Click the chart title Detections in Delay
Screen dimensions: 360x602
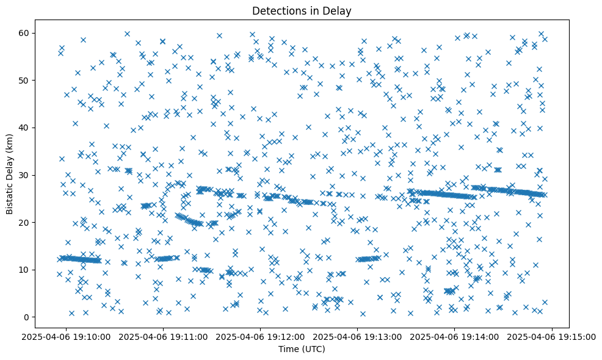click(302, 11)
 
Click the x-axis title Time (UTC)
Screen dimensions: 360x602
click(302, 349)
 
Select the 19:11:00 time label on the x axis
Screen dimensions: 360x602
click(164, 336)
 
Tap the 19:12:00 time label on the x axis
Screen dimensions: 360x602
click(260, 336)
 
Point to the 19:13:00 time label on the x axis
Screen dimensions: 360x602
click(357, 336)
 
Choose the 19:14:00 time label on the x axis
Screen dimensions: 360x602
click(454, 336)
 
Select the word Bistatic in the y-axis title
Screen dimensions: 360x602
click(10, 195)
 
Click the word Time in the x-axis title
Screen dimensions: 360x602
click(288, 349)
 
